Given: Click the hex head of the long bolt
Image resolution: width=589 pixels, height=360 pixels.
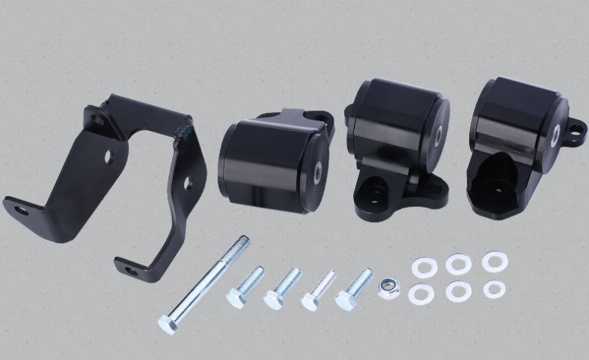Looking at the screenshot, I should [168, 324].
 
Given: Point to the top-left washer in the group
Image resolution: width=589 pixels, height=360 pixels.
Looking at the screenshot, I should [422, 267].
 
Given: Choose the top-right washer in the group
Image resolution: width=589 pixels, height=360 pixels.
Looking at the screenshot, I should [494, 261].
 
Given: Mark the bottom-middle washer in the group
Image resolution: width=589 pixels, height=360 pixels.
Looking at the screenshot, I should [458, 291].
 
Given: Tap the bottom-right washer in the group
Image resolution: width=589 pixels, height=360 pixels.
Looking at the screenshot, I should [494, 289].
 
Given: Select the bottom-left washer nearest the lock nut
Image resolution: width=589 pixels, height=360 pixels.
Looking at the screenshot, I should [421, 293].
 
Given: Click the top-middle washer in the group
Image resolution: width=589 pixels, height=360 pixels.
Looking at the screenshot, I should [459, 265].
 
